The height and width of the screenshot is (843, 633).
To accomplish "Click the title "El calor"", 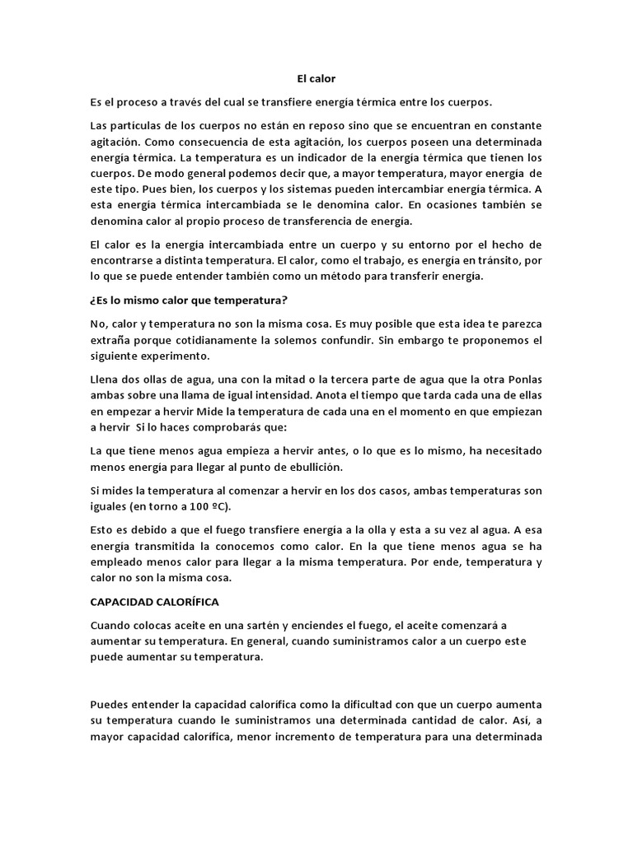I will pyautogui.click(x=316, y=78).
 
